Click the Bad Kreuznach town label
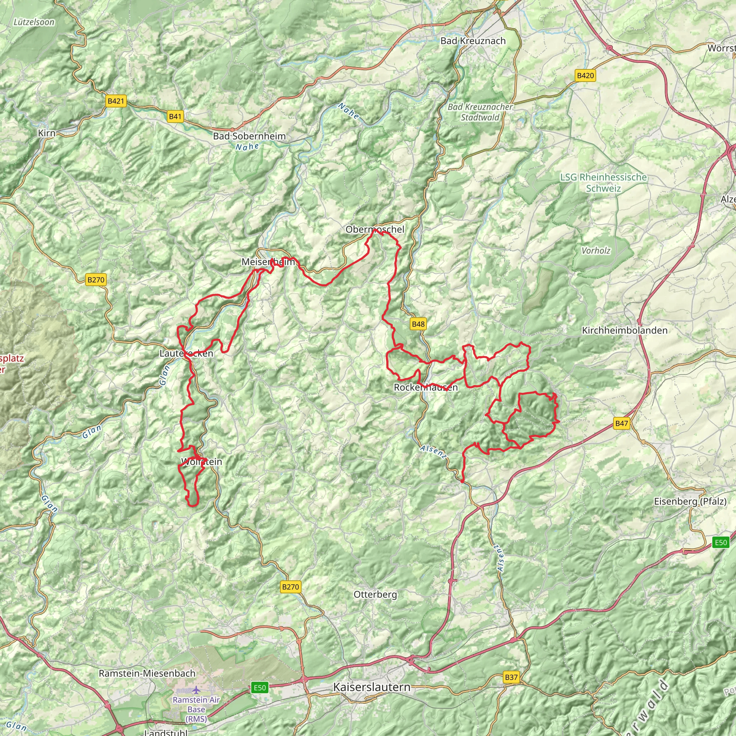pyautogui.click(x=473, y=41)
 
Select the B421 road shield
pyautogui.click(x=116, y=101)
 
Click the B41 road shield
pyautogui.click(x=175, y=116)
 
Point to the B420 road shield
pyautogui.click(x=585, y=75)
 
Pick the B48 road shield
pyautogui.click(x=418, y=324)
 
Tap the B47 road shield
pyautogui.click(x=621, y=423)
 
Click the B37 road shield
pyautogui.click(x=511, y=677)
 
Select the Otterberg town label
pyautogui.click(x=375, y=594)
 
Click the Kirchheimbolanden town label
pyautogui.click(x=625, y=330)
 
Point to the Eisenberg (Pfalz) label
pyautogui.click(x=690, y=501)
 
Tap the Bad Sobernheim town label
pyautogui.click(x=249, y=136)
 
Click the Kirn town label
pyautogui.click(x=47, y=133)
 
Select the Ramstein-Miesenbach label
pyautogui.click(x=147, y=673)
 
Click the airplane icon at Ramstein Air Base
pyautogui.click(x=196, y=690)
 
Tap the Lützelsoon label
pyautogui.click(x=34, y=22)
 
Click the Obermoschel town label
pyautogui.click(x=375, y=229)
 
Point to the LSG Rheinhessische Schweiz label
pyautogui.click(x=603, y=183)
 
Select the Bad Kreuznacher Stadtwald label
pyautogui.click(x=480, y=112)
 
